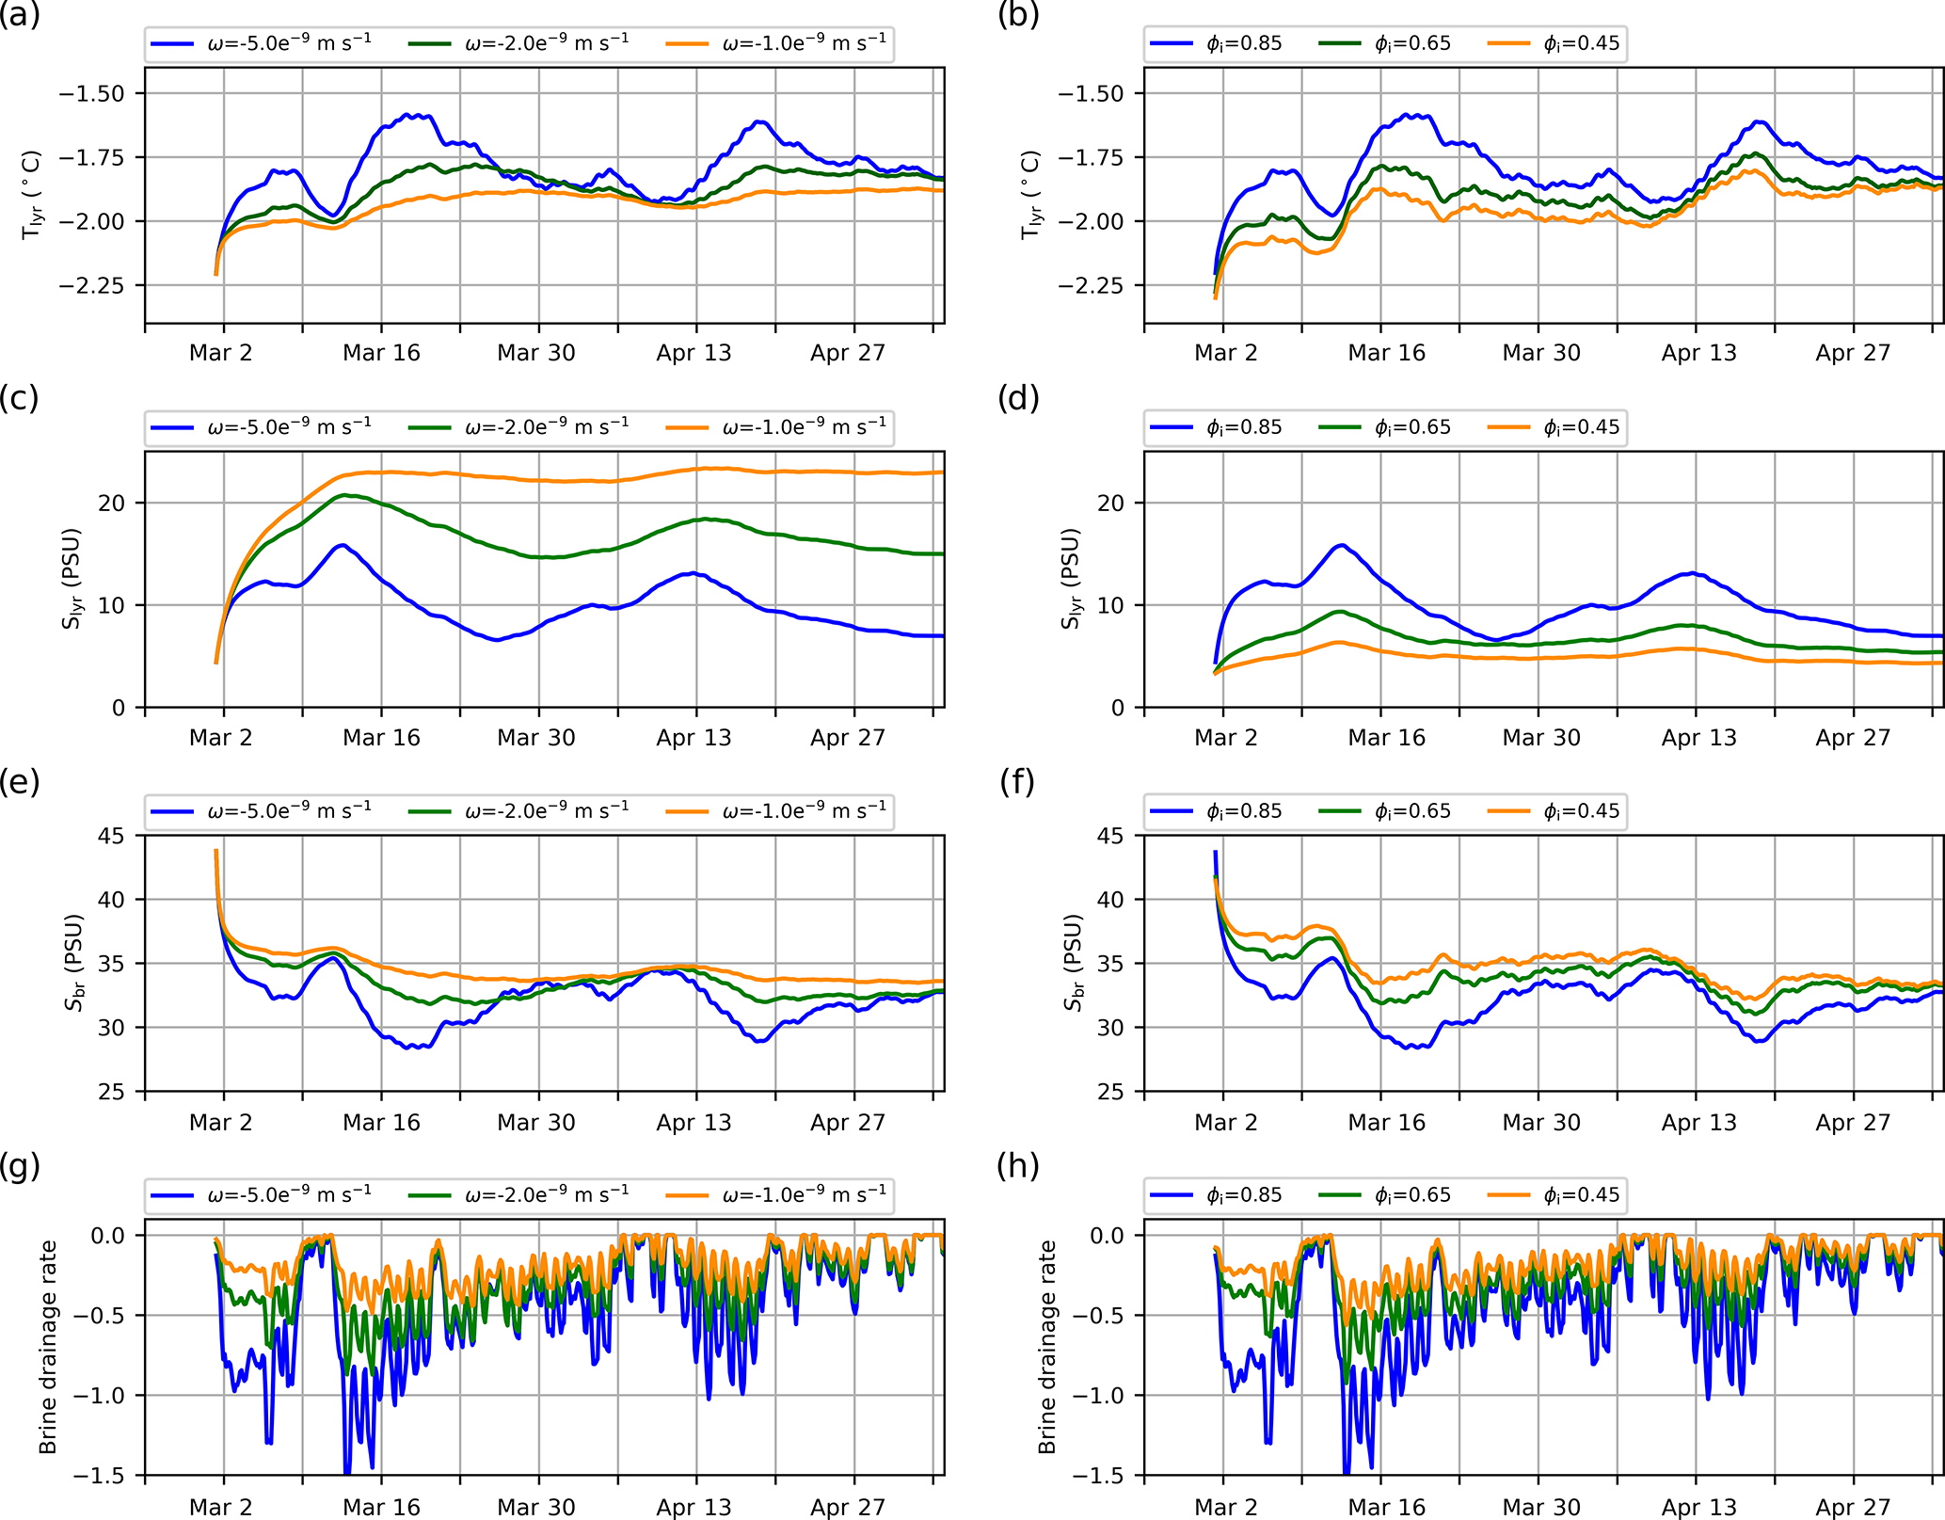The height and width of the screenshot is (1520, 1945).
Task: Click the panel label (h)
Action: pyautogui.click(x=1018, y=1167)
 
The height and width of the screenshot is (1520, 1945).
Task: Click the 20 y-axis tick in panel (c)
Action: pyautogui.click(x=112, y=503)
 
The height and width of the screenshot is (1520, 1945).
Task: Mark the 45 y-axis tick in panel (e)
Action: pyautogui.click(x=112, y=836)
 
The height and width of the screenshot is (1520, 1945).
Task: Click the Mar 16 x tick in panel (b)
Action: pyautogui.click(x=1386, y=353)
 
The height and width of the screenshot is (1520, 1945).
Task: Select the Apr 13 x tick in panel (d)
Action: pyautogui.click(x=1698, y=737)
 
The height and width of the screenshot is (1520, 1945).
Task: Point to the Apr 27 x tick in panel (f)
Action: pyautogui.click(x=1853, y=1122)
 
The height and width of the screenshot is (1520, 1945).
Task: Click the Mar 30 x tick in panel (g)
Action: pyautogui.click(x=536, y=1507)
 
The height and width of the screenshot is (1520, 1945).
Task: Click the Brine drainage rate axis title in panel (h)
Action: pyautogui.click(x=1047, y=1347)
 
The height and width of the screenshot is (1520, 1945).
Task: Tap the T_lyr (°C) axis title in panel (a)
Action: pyautogui.click(x=32, y=195)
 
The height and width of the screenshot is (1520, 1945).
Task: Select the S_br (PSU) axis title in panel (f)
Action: pyautogui.click(x=1072, y=963)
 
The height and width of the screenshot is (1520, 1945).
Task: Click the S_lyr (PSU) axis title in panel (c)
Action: pyautogui.click(x=71, y=579)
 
